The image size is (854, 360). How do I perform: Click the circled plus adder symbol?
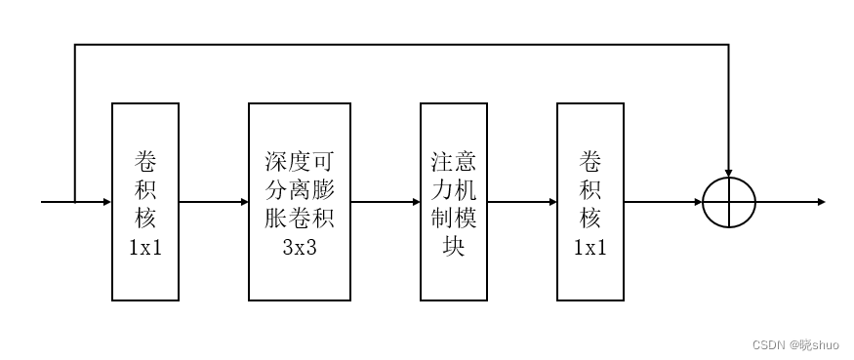tap(729, 202)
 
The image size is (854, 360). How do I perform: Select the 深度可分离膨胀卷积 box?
tap(300, 201)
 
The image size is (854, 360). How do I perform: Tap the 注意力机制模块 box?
tap(454, 201)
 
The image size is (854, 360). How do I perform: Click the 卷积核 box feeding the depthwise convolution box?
tap(145, 201)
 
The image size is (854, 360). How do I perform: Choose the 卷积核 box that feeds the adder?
tap(590, 201)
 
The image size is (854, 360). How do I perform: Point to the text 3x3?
tap(300, 247)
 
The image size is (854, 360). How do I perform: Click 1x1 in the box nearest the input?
tap(145, 247)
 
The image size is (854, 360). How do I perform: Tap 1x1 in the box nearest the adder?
tap(590, 247)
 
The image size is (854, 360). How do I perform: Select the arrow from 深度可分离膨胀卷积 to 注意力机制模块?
tap(386, 202)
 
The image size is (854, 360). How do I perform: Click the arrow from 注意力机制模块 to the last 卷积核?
tap(522, 202)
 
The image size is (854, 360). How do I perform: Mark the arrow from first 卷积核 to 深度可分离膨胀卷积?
tap(214, 202)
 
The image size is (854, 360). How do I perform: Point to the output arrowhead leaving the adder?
tap(821, 202)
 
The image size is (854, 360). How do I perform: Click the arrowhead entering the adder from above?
tap(729, 171)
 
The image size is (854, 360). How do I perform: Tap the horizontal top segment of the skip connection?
tap(400, 44)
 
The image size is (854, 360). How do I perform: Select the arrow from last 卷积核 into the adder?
tap(664, 202)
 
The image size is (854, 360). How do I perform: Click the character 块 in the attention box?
tap(454, 247)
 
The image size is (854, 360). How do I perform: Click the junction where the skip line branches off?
tap(75, 202)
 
